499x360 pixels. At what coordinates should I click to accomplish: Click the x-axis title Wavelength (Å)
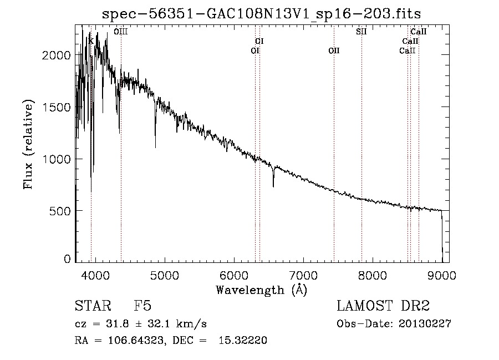coord(261,289)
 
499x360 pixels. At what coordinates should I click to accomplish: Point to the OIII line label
coord(121,32)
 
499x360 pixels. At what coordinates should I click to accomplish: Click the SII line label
coord(361,32)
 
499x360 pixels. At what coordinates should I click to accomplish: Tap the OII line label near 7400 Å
coord(334,51)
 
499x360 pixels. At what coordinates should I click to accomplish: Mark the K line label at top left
coord(91,40)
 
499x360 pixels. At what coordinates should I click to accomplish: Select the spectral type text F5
coord(144,306)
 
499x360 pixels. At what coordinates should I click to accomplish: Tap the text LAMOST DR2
coord(383,306)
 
